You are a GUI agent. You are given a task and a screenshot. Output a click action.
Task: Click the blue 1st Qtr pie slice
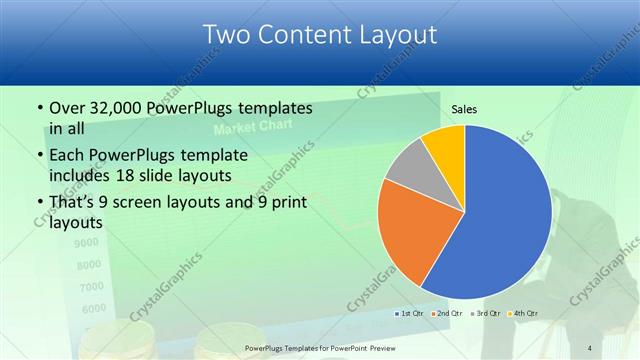pyautogui.click(x=505, y=215)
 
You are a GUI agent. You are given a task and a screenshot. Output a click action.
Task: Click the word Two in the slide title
pyautogui.click(x=226, y=35)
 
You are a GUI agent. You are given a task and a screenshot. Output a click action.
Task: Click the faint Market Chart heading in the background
pyautogui.click(x=246, y=130)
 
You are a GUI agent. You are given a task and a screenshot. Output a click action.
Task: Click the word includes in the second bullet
pyautogui.click(x=83, y=175)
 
